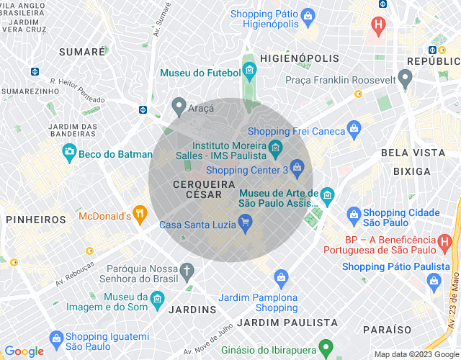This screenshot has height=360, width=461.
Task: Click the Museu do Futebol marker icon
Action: (x=250, y=71)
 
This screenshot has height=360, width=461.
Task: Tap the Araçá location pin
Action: (x=179, y=106)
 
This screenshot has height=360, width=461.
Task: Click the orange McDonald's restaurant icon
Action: (x=140, y=213)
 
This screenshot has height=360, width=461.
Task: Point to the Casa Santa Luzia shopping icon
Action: (x=245, y=225)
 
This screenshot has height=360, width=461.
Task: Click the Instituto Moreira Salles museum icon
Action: (x=274, y=150)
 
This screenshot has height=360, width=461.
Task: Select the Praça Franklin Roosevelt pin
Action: (x=406, y=78)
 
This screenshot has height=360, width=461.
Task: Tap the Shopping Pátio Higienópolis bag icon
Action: (x=308, y=14)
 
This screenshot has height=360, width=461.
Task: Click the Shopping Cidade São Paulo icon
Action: (x=354, y=214)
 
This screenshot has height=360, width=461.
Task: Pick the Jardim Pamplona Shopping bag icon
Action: (x=282, y=277)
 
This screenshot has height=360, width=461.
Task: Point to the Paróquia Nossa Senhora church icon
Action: (x=187, y=271)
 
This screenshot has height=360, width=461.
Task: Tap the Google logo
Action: (x=24, y=351)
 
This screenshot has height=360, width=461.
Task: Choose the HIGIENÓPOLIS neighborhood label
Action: (x=299, y=58)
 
